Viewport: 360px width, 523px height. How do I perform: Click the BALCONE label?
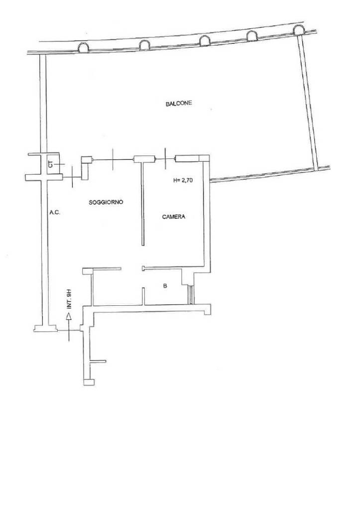pyautogui.click(x=179, y=104)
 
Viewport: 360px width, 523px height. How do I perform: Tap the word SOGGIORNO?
pyautogui.click(x=106, y=202)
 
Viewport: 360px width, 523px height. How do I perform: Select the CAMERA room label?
pyautogui.click(x=174, y=217)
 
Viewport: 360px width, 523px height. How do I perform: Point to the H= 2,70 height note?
pyautogui.click(x=183, y=180)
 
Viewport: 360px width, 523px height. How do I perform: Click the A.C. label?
pyautogui.click(x=55, y=212)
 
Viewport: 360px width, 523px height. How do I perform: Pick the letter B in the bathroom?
pyautogui.click(x=165, y=286)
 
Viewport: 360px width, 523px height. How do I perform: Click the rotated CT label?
pyautogui.click(x=51, y=164)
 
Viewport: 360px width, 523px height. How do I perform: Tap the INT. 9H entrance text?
pyautogui.click(x=69, y=299)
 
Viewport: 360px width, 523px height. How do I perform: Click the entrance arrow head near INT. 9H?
pyautogui.click(x=69, y=317)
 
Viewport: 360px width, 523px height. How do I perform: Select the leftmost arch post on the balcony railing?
pyautogui.click(x=83, y=48)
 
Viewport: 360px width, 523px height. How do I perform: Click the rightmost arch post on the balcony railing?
pyautogui.click(x=299, y=30)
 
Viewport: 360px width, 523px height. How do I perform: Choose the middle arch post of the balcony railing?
pyautogui.click(x=205, y=40)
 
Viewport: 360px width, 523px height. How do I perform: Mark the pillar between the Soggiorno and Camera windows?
pyautogui.click(x=144, y=159)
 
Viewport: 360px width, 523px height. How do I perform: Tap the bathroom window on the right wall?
pyautogui.click(x=191, y=294)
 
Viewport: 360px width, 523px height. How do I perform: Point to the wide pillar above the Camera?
pyautogui.click(x=192, y=158)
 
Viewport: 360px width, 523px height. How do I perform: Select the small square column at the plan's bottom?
pyautogui.click(x=89, y=382)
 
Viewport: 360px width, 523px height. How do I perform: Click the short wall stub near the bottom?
pyautogui.click(x=98, y=361)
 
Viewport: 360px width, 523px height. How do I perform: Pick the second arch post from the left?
pyautogui.click(x=145, y=45)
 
